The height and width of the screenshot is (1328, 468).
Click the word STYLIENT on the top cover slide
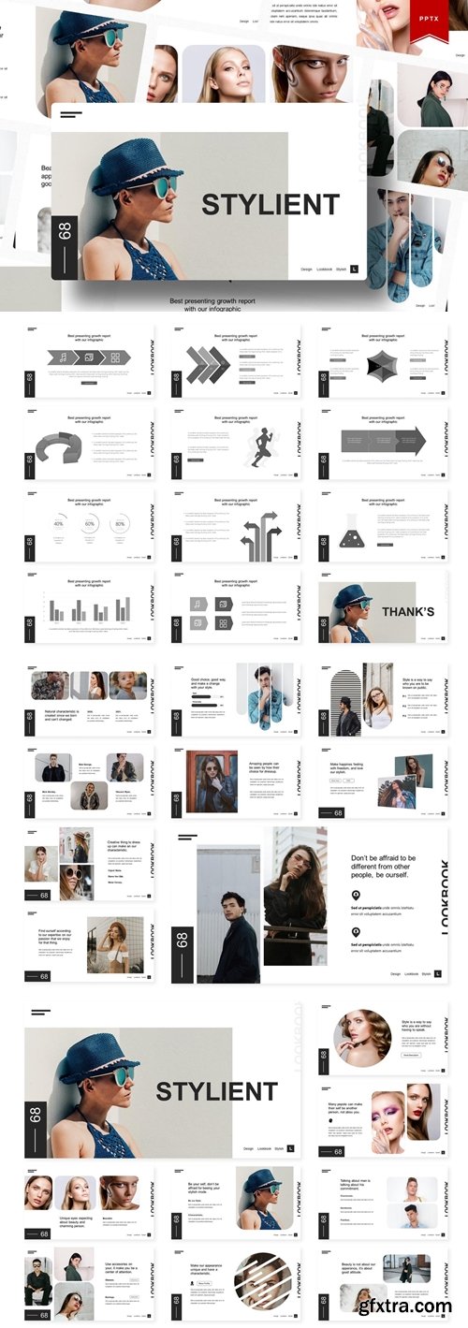click(271, 204)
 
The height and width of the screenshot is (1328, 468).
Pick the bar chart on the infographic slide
click(91, 609)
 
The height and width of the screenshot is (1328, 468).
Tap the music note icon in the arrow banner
click(63, 358)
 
